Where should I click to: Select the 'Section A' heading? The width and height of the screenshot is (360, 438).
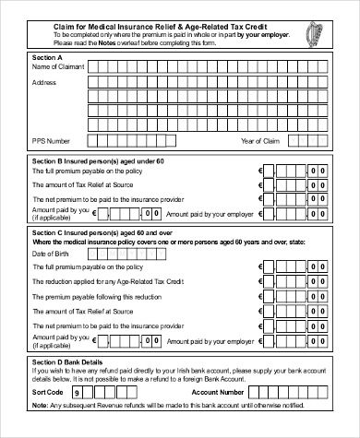coord(47,57)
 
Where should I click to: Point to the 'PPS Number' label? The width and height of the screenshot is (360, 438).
coord(52,140)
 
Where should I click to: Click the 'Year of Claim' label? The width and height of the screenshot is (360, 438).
coord(260,140)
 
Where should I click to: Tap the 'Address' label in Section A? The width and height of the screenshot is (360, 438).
coord(45,83)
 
